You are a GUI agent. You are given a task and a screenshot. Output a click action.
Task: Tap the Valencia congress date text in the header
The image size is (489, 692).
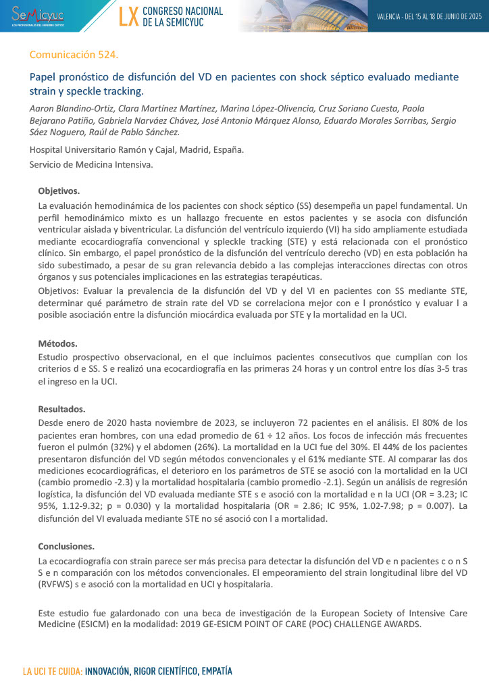[428, 16]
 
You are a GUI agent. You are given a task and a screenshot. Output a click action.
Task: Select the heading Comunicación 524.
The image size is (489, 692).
[74, 54]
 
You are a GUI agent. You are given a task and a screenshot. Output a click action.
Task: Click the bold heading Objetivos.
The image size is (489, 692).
[59, 191]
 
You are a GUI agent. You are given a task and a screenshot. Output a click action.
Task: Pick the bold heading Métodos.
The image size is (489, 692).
[57, 343]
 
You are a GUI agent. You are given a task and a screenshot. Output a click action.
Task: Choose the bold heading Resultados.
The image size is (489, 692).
[61, 408]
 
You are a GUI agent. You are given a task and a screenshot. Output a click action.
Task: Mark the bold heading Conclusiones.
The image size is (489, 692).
[66, 546]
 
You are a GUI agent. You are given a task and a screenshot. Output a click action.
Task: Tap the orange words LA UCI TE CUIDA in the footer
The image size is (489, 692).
[53, 672]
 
